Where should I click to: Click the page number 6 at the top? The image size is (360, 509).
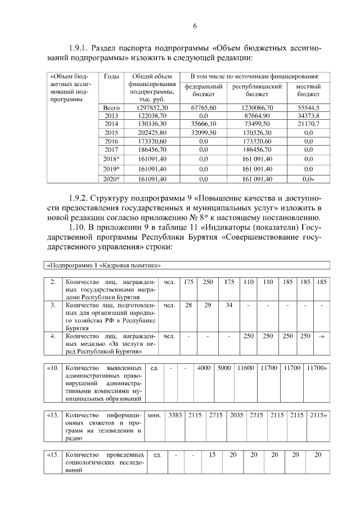pos(195,26)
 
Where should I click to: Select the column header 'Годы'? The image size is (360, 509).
pos(111,77)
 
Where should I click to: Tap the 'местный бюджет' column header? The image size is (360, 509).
pos(308,91)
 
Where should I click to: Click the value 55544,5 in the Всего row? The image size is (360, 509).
pos(308,107)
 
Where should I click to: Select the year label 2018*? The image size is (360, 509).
pos(111,159)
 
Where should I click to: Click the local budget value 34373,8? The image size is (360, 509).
pos(308,115)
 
